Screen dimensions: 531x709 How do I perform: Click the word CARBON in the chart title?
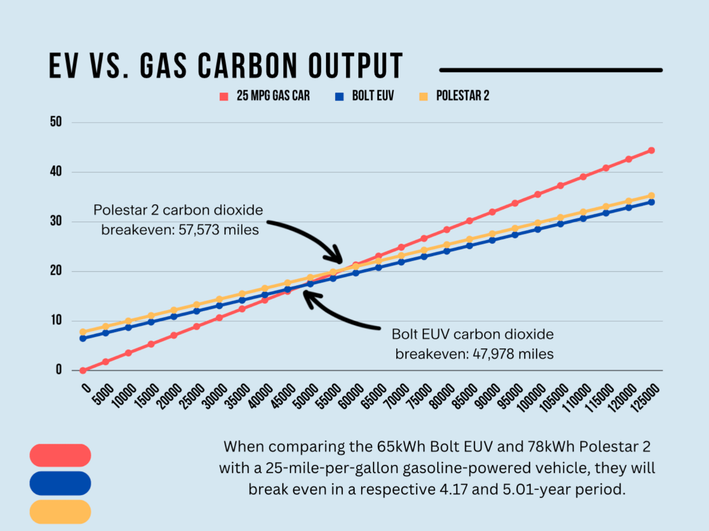tap(247, 66)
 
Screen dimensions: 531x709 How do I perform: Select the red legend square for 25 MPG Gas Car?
tap(224, 96)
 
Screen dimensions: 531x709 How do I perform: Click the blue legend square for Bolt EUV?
tap(339, 96)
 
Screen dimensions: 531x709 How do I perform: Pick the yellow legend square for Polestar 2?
tap(423, 96)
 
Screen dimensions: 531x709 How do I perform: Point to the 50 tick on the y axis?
tap(56, 122)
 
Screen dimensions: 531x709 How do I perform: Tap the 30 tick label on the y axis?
tap(56, 221)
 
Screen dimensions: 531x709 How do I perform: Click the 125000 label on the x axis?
tap(646, 398)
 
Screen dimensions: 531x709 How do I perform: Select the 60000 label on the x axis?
tap(351, 396)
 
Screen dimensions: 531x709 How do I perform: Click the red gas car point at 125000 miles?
tap(651, 151)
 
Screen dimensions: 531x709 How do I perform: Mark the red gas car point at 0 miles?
tap(83, 370)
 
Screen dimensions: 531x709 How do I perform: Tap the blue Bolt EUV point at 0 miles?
tap(83, 338)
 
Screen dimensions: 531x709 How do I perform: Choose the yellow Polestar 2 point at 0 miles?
tap(83, 332)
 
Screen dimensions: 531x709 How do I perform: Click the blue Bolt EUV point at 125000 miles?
tap(651, 202)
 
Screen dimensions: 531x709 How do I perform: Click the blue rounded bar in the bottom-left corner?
tap(60, 483)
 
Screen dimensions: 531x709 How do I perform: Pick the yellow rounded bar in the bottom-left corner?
tap(60, 512)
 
